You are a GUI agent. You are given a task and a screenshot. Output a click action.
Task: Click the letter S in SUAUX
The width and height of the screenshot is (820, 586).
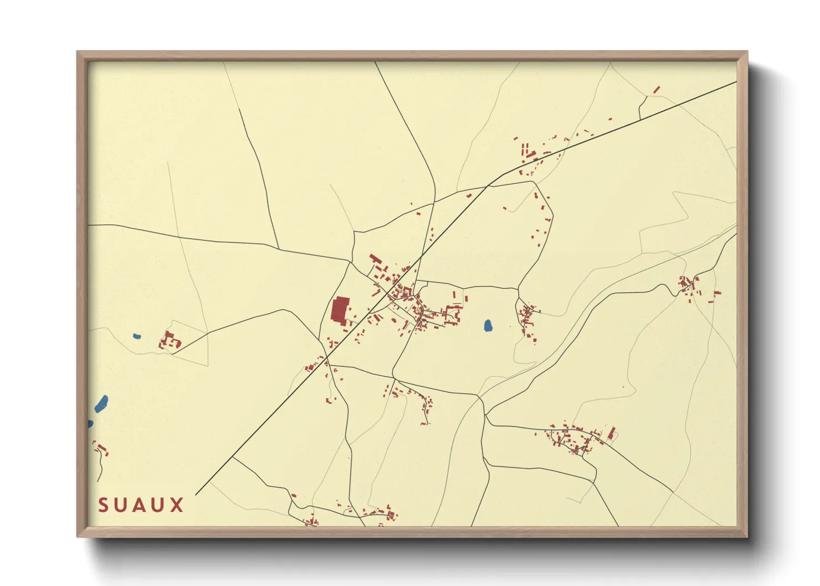click(104, 505)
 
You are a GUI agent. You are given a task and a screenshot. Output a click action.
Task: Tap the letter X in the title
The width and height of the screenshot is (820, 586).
click(177, 505)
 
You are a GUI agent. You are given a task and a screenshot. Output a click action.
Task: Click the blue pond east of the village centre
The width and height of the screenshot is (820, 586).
click(488, 326)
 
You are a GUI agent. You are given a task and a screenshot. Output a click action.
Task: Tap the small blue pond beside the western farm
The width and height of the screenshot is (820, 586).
click(137, 336)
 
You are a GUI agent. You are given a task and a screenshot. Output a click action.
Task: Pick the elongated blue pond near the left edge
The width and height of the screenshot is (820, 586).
click(101, 403)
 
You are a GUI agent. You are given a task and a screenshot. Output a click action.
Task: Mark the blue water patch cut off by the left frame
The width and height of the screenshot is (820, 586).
click(90, 424)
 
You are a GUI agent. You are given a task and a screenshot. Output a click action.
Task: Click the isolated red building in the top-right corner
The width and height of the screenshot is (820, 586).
click(657, 89)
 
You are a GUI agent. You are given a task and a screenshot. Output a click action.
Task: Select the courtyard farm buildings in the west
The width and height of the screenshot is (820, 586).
click(170, 340)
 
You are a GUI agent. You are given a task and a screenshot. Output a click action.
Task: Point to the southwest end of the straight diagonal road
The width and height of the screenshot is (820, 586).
click(197, 494)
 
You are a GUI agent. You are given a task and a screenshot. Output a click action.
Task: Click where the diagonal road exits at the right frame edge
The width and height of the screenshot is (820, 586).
click(736, 82)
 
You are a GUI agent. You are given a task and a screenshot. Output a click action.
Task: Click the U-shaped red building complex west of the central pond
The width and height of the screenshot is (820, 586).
click(453, 313)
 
